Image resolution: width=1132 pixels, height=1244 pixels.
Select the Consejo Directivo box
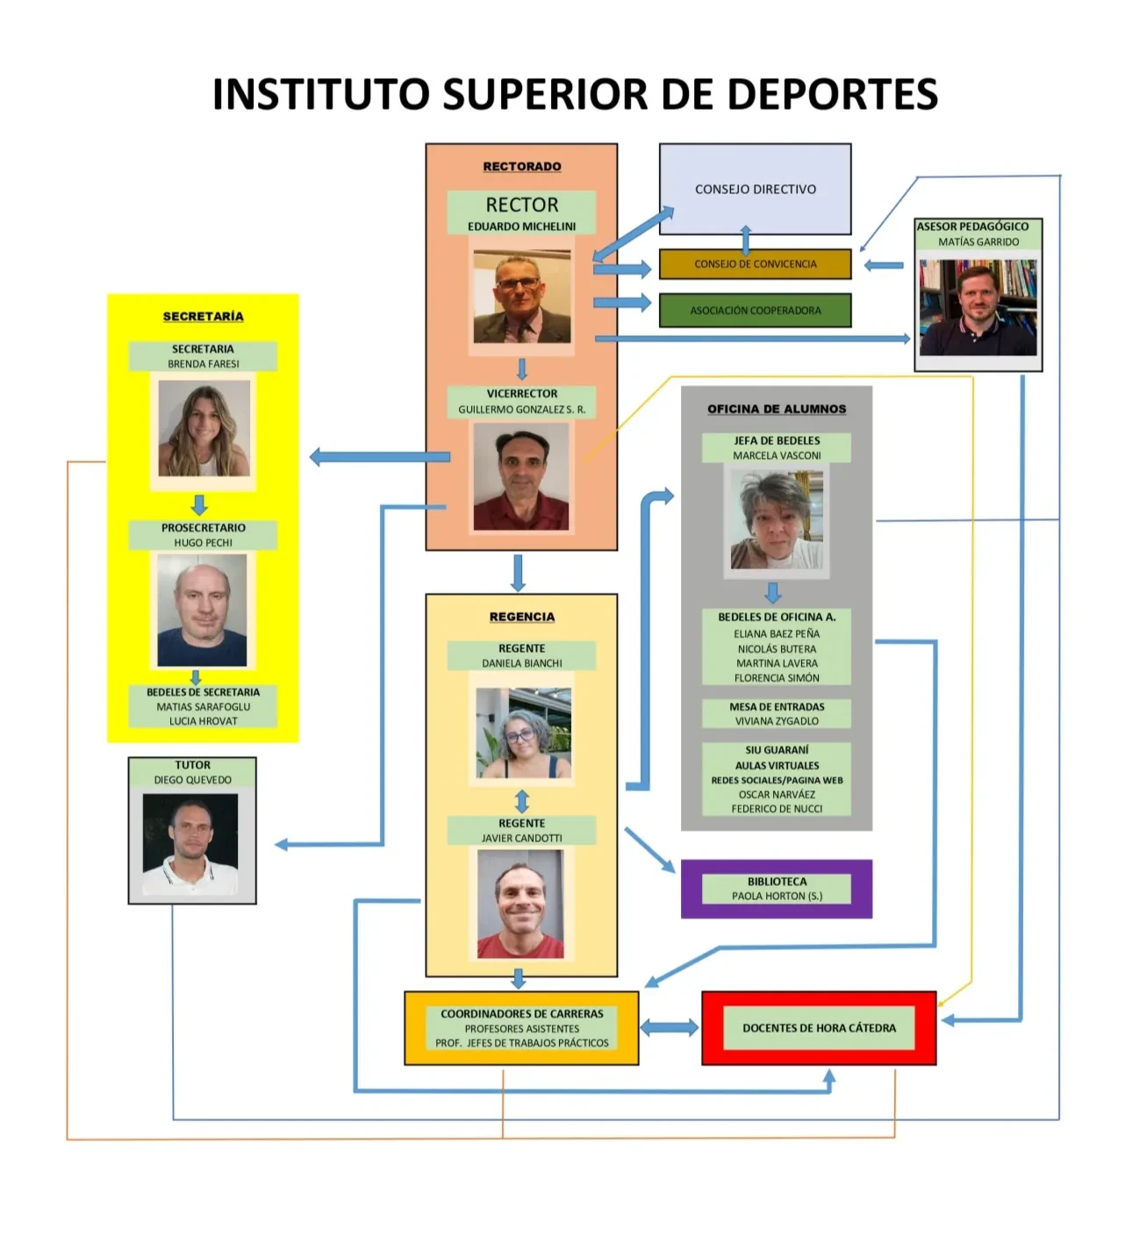pos(755,189)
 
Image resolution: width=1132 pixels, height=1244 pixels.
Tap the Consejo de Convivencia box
pos(755,264)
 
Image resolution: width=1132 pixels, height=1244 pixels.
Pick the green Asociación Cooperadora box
pos(755,311)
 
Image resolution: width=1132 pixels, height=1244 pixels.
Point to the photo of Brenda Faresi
pos(204,429)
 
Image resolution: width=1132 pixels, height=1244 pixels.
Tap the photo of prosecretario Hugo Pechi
pos(202,611)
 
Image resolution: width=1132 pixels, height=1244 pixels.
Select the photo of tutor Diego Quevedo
pos(190,844)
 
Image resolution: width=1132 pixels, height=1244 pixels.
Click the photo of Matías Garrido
pos(978,307)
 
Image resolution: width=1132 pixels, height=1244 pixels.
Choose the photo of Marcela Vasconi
pos(777,519)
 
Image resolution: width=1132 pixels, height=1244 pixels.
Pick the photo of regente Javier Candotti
pos(520,904)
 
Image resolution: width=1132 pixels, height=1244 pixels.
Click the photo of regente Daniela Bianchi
pos(523,733)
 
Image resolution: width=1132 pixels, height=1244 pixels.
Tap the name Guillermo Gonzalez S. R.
pos(521,410)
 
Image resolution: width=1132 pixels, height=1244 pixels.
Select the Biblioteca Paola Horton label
pos(777,889)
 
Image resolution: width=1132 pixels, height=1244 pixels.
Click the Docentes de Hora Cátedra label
pos(819,1028)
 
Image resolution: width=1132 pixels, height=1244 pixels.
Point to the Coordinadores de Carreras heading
pos(521,1014)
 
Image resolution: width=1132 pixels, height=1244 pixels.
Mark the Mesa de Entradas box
pos(777,713)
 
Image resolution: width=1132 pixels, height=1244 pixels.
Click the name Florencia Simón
pos(777,678)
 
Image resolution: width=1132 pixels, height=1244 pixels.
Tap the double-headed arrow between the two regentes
pos(521,801)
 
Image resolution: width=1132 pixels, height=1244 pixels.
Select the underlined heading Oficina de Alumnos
pos(777,409)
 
